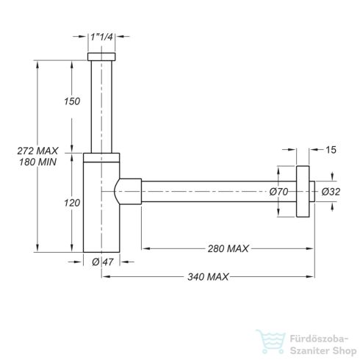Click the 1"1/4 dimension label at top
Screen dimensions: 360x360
tap(101, 37)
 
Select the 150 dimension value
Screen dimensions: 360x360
tap(72, 101)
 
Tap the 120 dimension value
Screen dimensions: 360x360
tap(72, 203)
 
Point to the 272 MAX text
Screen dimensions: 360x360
tap(37, 151)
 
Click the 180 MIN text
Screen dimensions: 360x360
tap(37, 162)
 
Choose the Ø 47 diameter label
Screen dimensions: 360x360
tap(103, 262)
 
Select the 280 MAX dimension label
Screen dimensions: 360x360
tap(228, 248)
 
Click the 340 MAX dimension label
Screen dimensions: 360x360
tap(208, 277)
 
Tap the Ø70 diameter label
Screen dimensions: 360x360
tap(278, 192)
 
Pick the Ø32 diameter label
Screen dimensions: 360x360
tap(331, 192)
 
